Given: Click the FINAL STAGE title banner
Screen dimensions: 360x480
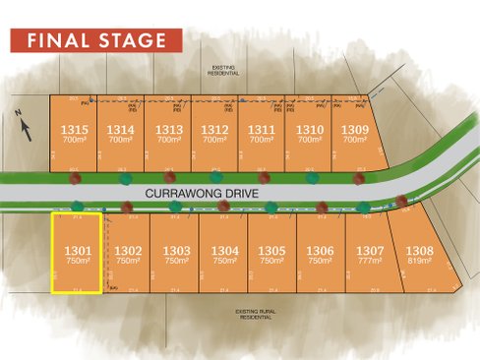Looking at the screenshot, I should (95, 40).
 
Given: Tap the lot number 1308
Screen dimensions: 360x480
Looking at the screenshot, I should (421, 251).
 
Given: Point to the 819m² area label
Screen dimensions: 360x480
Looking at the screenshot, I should (421, 262).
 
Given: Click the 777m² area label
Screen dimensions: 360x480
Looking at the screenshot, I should (370, 262).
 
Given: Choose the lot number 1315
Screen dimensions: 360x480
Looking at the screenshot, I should (74, 129).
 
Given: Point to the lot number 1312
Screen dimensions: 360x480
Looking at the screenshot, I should (214, 129).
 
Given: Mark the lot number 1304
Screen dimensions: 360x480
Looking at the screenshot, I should (224, 251).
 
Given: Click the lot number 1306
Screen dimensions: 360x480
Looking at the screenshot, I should (321, 251).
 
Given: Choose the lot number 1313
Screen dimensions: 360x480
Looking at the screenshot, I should (168, 129).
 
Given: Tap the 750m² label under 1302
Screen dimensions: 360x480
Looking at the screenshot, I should (129, 262).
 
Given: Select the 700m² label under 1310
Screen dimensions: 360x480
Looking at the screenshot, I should (309, 140).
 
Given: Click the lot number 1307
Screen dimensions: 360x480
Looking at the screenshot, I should (370, 251).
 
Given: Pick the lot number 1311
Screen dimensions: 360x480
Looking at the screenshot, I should (261, 129).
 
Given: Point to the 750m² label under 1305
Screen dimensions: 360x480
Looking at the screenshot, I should (272, 262).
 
